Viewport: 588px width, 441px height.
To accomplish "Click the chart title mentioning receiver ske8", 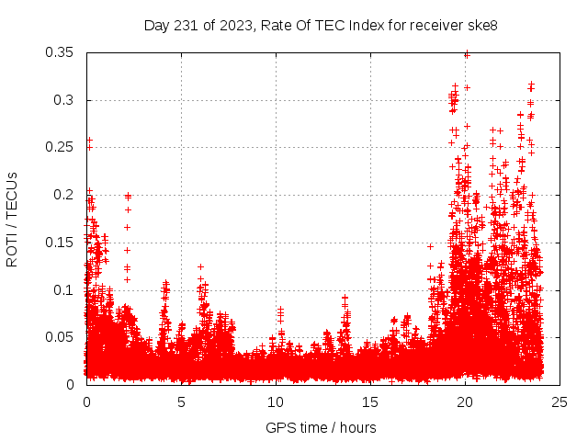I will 321,25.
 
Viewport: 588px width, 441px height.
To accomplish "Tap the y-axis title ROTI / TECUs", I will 12,219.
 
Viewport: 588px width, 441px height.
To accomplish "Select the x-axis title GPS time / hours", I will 321,427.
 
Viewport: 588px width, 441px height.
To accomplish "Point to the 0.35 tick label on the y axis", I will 60,52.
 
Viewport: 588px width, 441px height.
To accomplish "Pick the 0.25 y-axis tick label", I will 60,147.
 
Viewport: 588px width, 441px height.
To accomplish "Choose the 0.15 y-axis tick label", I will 60,243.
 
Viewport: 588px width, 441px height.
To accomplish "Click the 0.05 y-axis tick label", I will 60,337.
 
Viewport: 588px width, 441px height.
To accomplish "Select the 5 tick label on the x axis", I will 181,401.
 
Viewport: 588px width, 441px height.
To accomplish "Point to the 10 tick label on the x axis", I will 276,401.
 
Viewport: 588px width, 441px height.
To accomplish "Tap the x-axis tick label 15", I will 371,401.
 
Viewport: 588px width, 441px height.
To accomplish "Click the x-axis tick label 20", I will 466,401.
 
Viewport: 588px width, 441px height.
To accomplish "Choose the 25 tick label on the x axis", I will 560,401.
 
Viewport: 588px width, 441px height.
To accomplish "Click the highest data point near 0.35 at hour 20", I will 467,55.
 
